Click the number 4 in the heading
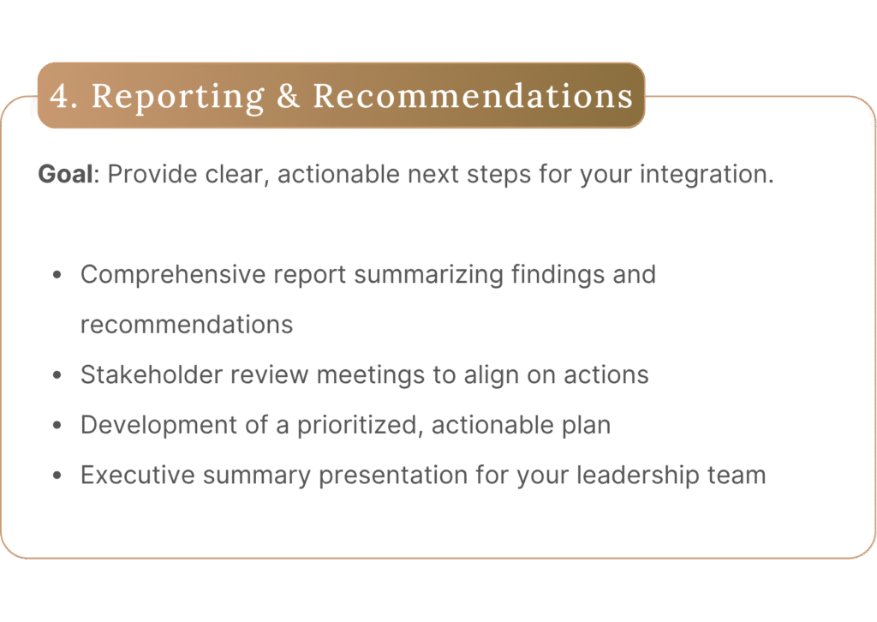[59, 96]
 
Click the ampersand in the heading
[288, 96]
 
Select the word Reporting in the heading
[178, 98]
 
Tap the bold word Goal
[65, 174]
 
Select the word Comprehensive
[172, 275]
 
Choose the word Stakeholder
[152, 374]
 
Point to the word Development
[158, 426]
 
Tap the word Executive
[138, 475]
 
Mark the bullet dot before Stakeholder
[57, 375]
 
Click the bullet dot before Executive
[57, 476]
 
